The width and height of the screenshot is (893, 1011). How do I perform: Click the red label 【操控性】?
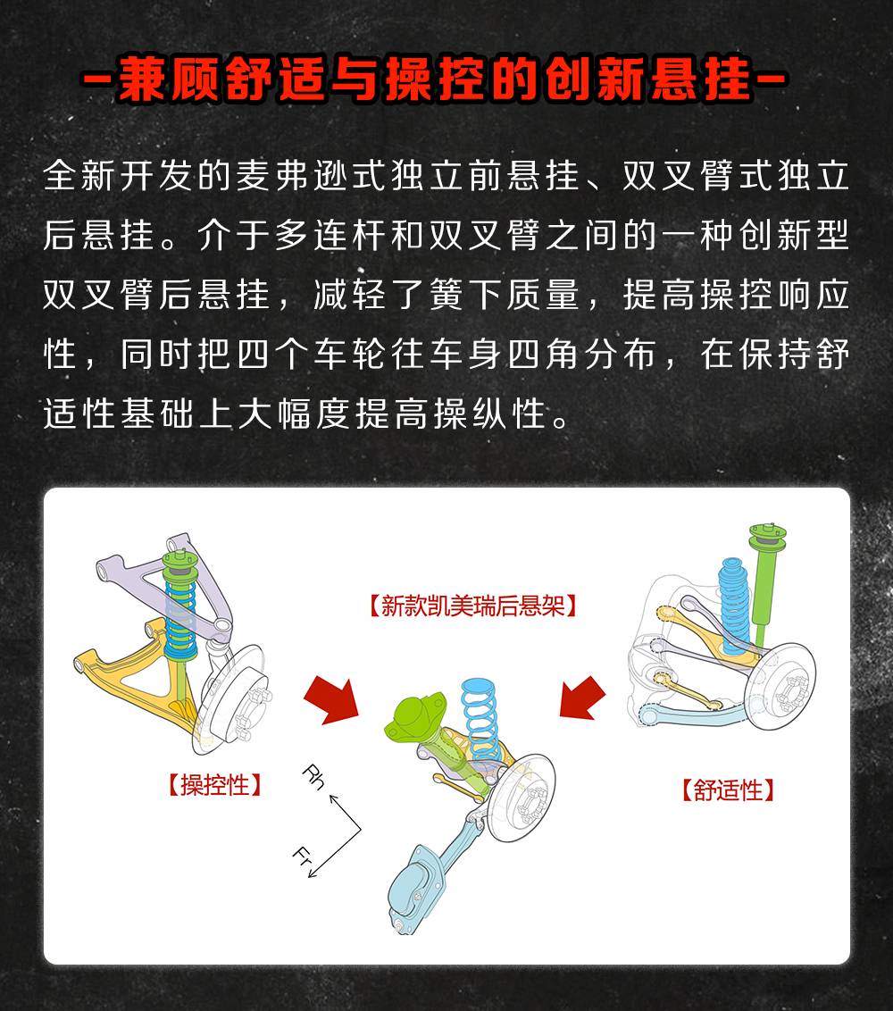coord(215,785)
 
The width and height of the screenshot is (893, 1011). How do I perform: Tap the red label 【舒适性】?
coord(728,790)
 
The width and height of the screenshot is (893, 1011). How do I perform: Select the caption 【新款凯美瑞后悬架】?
coord(472,606)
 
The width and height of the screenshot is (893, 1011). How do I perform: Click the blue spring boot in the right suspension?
coord(734,604)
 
